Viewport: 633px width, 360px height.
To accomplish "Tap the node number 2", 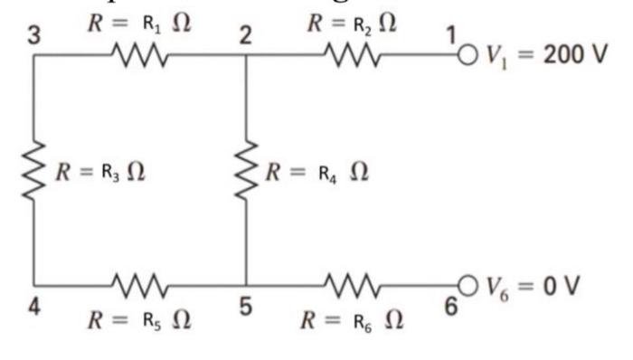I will click(x=245, y=38).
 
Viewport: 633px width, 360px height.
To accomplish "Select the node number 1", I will click(x=449, y=37).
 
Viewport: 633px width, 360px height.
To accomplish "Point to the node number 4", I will click(x=33, y=306).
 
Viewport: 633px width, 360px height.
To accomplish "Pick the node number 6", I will click(x=449, y=306).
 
